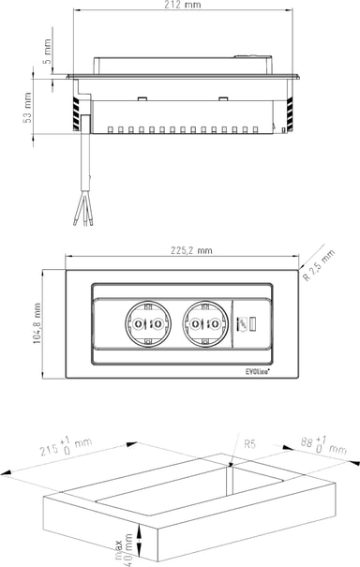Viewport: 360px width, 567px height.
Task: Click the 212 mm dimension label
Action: click(x=183, y=5)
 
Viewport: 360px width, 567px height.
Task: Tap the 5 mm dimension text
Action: click(x=47, y=52)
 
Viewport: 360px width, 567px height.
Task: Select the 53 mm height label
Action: click(x=27, y=108)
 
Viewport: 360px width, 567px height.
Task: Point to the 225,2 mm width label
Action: click(x=191, y=250)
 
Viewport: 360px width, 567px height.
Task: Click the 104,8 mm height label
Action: click(x=37, y=323)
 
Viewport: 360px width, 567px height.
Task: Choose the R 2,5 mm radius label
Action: click(x=319, y=265)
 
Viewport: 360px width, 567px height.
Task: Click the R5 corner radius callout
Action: click(x=249, y=443)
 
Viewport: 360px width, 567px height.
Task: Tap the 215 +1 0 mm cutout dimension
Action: click(x=66, y=446)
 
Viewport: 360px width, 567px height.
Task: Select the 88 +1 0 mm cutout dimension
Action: click(x=323, y=445)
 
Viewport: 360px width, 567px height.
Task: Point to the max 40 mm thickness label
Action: click(x=124, y=549)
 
